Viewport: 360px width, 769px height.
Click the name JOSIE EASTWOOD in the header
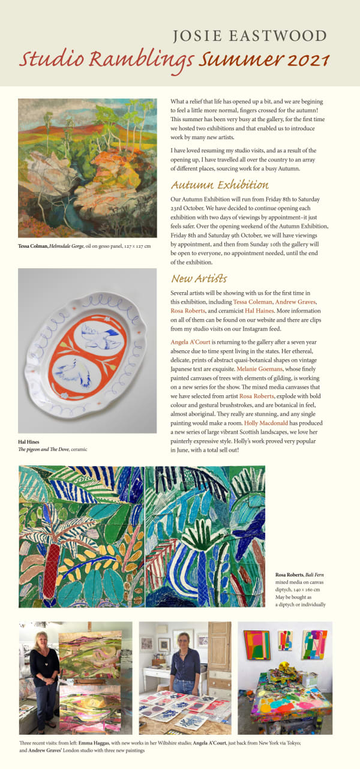coord(250,36)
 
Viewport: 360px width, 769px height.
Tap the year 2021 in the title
coord(308,59)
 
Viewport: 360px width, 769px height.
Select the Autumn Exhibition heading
coord(220,185)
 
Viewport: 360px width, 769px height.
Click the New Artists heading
coord(199,278)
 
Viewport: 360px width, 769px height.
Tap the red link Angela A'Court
coord(188,341)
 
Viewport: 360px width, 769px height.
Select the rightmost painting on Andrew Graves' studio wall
coord(314,644)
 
